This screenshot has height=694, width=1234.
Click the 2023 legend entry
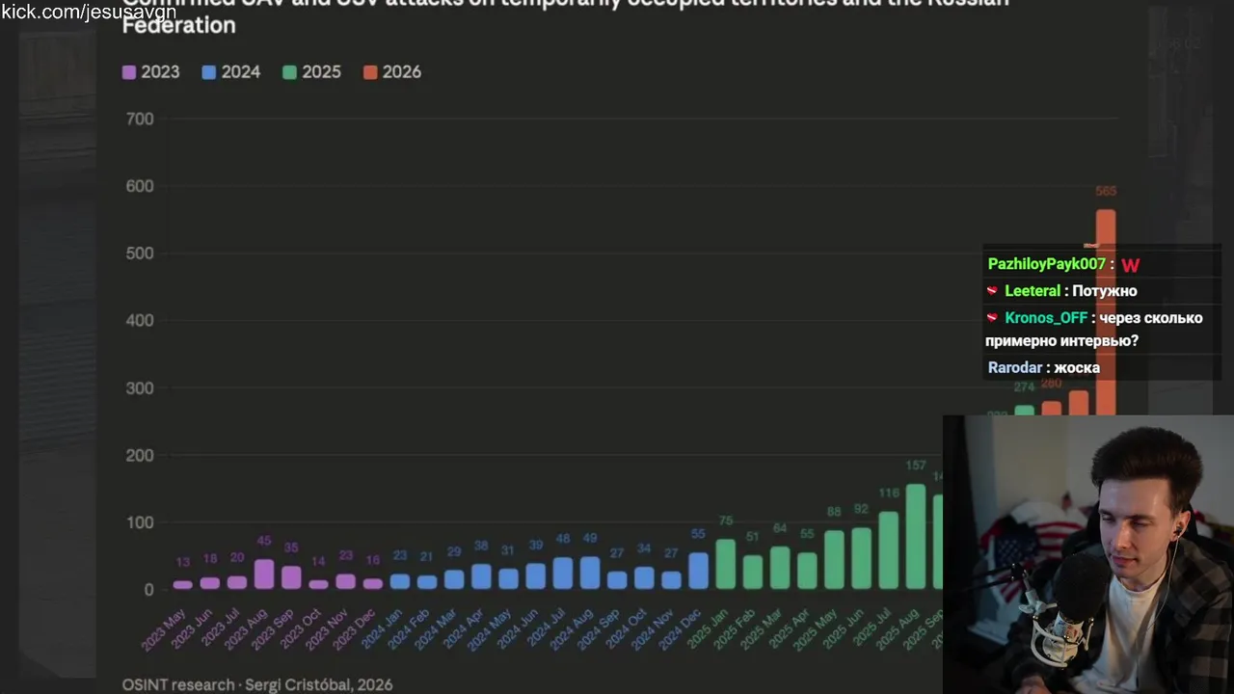pyautogui.click(x=150, y=72)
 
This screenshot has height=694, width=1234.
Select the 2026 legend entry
pyautogui.click(x=392, y=72)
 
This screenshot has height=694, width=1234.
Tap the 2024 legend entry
pyautogui.click(x=231, y=72)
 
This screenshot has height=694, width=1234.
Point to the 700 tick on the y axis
pyautogui.click(x=140, y=119)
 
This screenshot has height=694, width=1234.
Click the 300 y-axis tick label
pyautogui.click(x=140, y=387)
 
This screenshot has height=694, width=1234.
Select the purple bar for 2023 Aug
pyautogui.click(x=263, y=574)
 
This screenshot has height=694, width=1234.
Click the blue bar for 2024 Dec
pyautogui.click(x=698, y=571)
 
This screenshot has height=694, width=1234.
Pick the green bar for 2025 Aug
pyautogui.click(x=915, y=537)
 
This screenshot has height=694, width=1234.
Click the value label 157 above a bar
pyautogui.click(x=915, y=466)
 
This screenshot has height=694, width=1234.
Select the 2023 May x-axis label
pyautogui.click(x=164, y=627)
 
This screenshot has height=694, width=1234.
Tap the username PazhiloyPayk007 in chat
pyautogui.click(x=1046, y=264)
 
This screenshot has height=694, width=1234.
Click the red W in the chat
pyautogui.click(x=1130, y=265)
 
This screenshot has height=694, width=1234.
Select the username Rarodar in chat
pyautogui.click(x=1014, y=367)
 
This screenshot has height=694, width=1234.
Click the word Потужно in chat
pyautogui.click(x=1105, y=291)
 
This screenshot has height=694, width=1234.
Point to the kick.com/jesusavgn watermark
pyautogui.click(x=89, y=13)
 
